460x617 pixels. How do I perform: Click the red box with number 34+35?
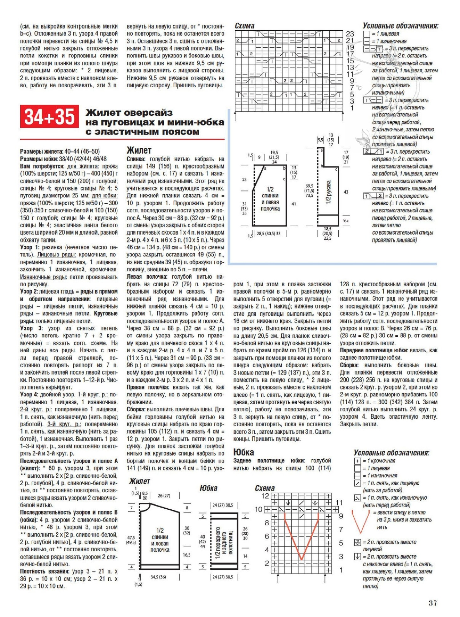49,116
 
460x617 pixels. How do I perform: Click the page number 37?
433,603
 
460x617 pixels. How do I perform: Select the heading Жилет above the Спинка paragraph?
139,150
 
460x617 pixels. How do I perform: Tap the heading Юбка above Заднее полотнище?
243,452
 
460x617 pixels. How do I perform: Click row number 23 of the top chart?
350,33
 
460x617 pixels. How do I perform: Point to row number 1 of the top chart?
352,108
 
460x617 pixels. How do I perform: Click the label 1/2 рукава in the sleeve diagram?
328,192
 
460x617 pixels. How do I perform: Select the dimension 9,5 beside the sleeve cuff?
346,221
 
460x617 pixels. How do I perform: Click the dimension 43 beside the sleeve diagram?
346,192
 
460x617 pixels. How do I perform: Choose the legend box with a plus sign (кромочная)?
357,461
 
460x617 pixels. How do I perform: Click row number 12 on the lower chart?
265,496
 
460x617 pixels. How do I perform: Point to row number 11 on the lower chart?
339,503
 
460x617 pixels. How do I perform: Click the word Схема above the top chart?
244,26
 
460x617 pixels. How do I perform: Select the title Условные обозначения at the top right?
400,26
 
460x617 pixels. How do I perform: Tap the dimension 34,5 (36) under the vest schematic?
158,577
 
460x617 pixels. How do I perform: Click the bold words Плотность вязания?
45,571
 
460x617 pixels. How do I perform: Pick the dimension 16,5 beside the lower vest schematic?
187,555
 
